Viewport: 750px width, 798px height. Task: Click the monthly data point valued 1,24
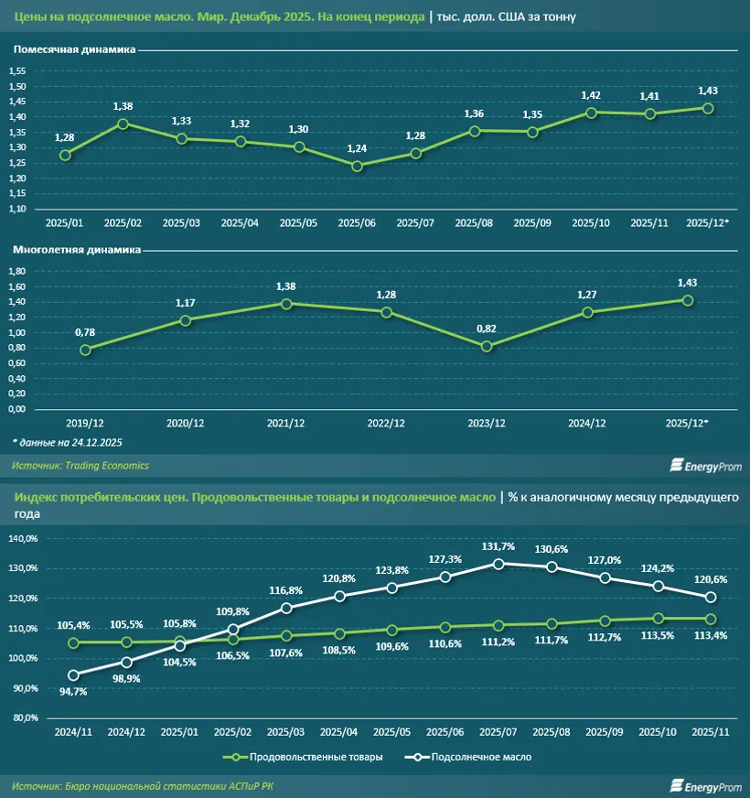tap(357, 166)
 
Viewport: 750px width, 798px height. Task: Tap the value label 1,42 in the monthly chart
tap(590, 95)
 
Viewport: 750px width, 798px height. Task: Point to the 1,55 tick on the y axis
tap(18, 71)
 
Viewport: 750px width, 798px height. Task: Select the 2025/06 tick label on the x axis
tap(357, 222)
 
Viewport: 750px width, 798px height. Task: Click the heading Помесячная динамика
tap(74, 49)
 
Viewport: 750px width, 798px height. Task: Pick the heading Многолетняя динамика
tap(75, 249)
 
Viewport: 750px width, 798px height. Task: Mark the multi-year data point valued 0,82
tap(487, 346)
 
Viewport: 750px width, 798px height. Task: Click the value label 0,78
tap(84, 332)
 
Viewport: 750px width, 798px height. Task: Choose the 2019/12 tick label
tap(85, 424)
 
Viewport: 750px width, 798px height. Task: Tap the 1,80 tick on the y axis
tap(18, 271)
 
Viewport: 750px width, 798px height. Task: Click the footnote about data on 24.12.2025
tap(68, 442)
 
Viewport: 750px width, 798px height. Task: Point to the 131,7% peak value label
tap(498, 546)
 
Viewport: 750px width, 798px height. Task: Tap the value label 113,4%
tap(710, 635)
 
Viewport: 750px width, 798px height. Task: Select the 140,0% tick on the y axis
tap(23, 538)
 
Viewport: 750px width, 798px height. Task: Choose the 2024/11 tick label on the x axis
tap(73, 732)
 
